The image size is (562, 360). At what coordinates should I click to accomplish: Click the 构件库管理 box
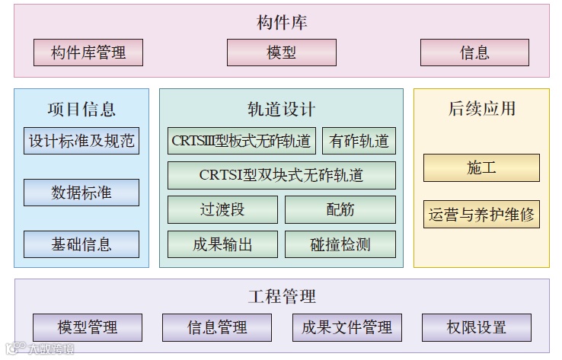pyautogui.click(x=88, y=53)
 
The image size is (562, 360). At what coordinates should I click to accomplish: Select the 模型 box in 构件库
pyautogui.click(x=281, y=53)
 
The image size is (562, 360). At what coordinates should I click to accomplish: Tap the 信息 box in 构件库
pyautogui.click(x=474, y=53)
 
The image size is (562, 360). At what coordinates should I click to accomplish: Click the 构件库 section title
pyautogui.click(x=281, y=22)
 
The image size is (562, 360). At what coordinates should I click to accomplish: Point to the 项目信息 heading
pyautogui.click(x=81, y=109)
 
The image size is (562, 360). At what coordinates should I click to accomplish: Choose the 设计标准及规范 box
pyautogui.click(x=81, y=141)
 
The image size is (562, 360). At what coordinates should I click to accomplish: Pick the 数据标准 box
pyautogui.click(x=81, y=193)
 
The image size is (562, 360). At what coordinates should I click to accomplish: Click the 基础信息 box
pyautogui.click(x=81, y=244)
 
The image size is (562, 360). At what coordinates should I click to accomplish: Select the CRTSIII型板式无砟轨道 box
pyautogui.click(x=241, y=141)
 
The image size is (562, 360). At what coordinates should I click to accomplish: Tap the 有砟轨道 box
pyautogui.click(x=359, y=141)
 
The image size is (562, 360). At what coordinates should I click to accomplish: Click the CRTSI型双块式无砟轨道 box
pyautogui.click(x=281, y=175)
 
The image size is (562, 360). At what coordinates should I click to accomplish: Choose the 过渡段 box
pyautogui.click(x=222, y=210)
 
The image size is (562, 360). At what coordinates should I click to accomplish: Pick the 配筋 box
pyautogui.click(x=340, y=210)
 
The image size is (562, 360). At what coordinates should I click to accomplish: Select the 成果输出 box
pyautogui.click(x=222, y=244)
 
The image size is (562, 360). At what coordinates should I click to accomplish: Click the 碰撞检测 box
pyautogui.click(x=340, y=244)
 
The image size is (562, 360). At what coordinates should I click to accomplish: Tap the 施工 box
pyautogui.click(x=481, y=167)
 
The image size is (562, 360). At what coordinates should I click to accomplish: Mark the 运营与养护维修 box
pyautogui.click(x=481, y=214)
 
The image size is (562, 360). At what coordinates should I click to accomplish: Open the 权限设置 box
pyautogui.click(x=476, y=327)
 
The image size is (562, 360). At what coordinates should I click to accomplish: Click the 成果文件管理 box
pyautogui.click(x=346, y=327)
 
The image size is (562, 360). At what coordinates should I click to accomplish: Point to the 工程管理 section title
pyautogui.click(x=281, y=295)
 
